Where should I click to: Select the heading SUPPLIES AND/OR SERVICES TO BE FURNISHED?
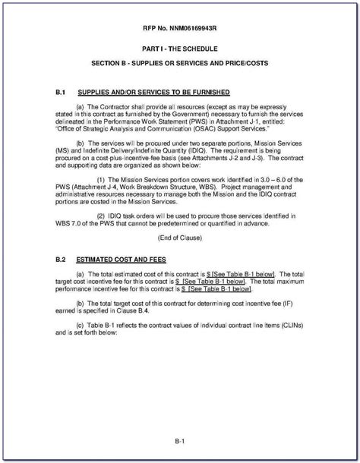click(x=149, y=90)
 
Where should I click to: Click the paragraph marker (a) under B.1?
click(x=81, y=107)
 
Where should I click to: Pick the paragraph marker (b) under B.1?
click(x=81, y=141)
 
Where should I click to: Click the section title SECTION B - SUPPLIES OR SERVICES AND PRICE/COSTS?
click(x=179, y=61)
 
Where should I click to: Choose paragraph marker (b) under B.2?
click(x=81, y=303)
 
